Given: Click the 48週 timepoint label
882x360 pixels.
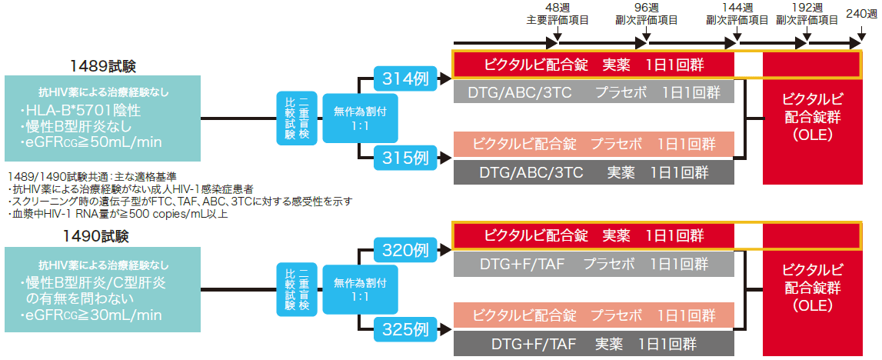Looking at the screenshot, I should [x=557, y=7].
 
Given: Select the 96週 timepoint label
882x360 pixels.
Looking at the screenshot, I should [x=645, y=7].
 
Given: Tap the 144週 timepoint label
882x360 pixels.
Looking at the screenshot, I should [x=737, y=7].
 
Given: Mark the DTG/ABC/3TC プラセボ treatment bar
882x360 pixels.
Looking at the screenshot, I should [x=594, y=93].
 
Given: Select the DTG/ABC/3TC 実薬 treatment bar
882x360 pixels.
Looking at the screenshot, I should [x=594, y=172].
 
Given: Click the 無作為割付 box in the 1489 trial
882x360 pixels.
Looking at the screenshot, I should [x=349, y=118].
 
